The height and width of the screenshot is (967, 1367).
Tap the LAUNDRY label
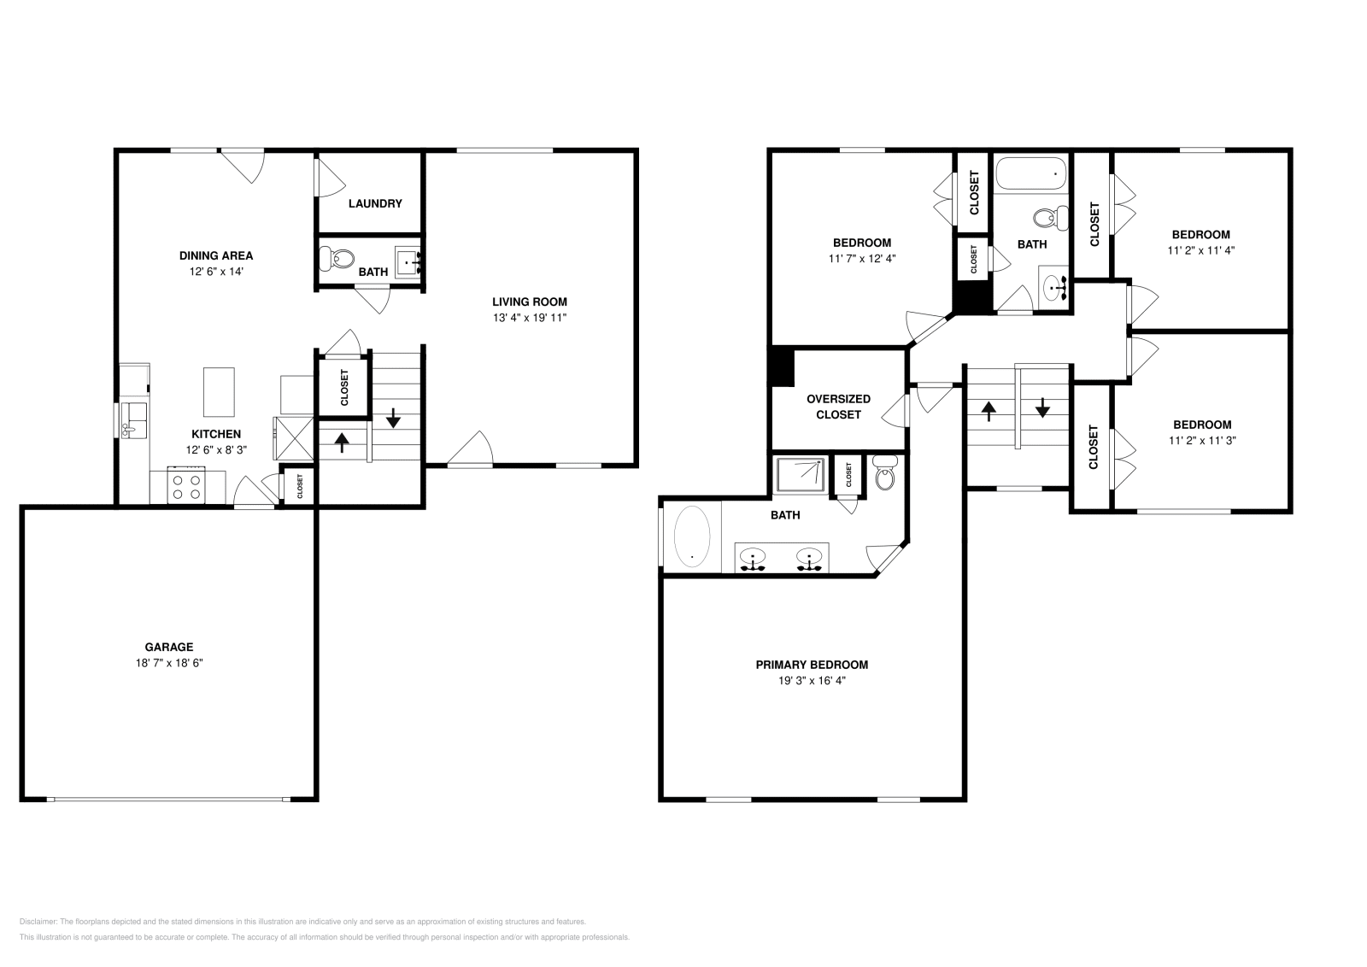coord(375,203)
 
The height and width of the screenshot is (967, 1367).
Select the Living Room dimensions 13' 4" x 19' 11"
coord(529,318)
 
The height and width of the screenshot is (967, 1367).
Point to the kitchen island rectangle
coord(219,391)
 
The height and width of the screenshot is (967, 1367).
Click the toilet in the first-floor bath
coord(337,256)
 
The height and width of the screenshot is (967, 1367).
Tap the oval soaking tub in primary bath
coord(692,536)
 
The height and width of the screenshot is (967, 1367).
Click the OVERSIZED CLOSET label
coord(838,407)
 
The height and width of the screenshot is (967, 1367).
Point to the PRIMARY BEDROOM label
coord(812,665)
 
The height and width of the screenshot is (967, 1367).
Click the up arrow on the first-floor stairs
coord(342,442)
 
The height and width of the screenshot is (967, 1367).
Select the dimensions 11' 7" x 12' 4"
coord(862,258)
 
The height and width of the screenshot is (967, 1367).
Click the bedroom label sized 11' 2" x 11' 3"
coord(1202,425)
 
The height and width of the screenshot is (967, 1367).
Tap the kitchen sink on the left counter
coord(132,419)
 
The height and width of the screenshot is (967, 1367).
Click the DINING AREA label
coord(216,255)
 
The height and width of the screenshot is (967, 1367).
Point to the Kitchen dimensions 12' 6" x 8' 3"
coord(216,450)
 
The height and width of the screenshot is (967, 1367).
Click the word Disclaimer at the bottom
coord(38,922)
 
